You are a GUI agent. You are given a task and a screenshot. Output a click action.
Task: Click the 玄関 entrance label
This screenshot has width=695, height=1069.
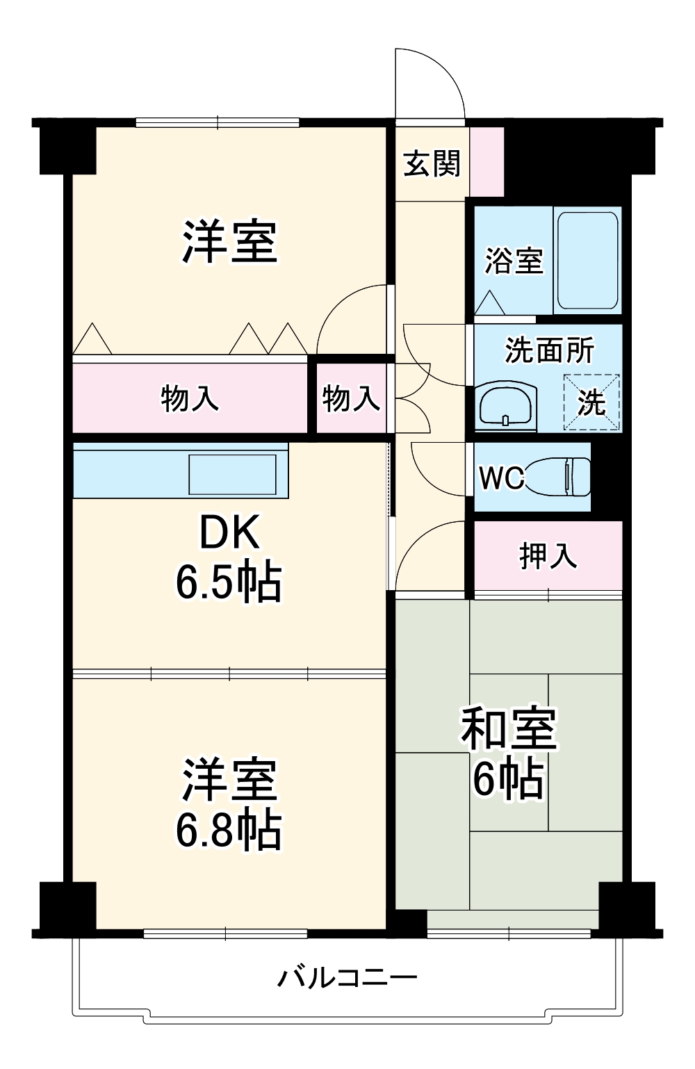click(x=432, y=164)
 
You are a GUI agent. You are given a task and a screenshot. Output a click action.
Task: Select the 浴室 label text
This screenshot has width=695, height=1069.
click(x=514, y=261)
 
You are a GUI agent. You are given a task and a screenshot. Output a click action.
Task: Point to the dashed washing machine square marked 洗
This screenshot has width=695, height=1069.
click(x=591, y=402)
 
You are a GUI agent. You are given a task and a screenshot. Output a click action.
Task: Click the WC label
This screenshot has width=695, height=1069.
click(x=500, y=478)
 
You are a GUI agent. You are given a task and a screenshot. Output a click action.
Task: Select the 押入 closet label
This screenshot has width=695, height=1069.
click(x=548, y=556)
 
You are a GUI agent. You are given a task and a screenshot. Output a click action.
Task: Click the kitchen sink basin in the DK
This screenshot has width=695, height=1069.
click(x=232, y=474)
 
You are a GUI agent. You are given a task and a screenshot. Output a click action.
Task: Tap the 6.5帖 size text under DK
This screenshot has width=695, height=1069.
click(x=229, y=582)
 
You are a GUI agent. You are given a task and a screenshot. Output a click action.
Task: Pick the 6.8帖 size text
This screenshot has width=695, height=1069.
click(x=229, y=830)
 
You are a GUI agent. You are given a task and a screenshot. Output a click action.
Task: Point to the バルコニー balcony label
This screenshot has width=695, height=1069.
click(x=347, y=975)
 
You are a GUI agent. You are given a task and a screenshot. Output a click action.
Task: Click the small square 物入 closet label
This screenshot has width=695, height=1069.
click(x=351, y=398)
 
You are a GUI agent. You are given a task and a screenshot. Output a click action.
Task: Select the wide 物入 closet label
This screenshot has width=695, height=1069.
click(x=190, y=398)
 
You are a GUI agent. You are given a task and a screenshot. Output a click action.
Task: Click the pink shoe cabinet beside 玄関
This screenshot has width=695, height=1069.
click(x=487, y=162)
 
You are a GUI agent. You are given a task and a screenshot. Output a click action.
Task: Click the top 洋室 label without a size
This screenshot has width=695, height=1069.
click(x=229, y=241)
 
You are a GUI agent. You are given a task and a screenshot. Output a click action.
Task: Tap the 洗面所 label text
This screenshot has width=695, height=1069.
click(x=549, y=350)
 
